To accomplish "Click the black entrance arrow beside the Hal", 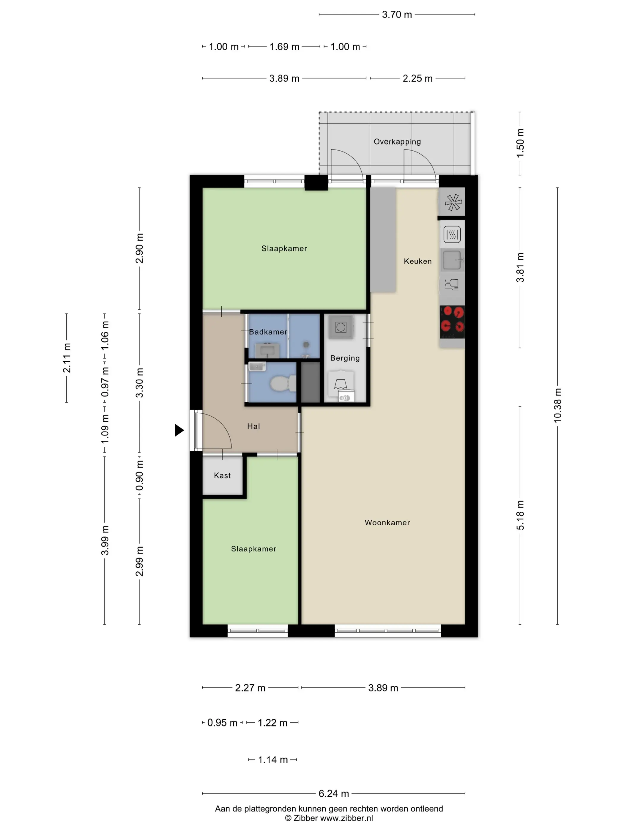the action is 179,430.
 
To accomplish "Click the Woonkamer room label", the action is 387,522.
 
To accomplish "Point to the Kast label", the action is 222,475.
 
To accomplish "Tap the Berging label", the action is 345,358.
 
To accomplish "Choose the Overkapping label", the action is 397,142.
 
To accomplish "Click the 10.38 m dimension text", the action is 557,405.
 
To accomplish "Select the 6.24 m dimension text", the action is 334,794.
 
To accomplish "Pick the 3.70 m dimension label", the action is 397,15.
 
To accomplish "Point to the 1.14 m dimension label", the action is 273,760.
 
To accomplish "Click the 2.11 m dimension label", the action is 67,358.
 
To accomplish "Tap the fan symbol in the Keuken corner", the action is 453,202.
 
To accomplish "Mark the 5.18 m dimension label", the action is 520,515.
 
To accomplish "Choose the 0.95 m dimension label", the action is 222,723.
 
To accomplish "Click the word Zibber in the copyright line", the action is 305,818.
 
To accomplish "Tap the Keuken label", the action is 417,261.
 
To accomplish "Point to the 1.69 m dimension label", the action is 284,47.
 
